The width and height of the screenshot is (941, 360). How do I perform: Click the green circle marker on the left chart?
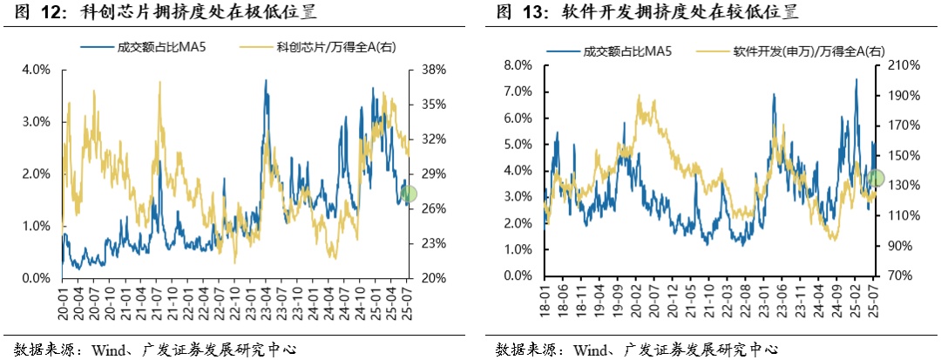tap(409, 194)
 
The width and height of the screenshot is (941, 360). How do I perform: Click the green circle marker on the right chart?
tap(876, 179)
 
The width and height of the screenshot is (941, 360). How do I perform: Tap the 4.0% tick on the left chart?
tap(36, 70)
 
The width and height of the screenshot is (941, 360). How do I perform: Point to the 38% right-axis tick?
tap(435, 70)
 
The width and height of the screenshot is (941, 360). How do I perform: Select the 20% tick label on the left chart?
tap(435, 278)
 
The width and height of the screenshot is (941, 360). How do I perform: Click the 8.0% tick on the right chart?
tap(518, 65)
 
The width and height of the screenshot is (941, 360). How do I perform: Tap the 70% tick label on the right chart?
tap(900, 275)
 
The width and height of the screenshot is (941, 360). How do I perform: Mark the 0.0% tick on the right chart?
tap(518, 275)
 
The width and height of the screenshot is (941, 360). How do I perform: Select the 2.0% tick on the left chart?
tap(36, 174)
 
